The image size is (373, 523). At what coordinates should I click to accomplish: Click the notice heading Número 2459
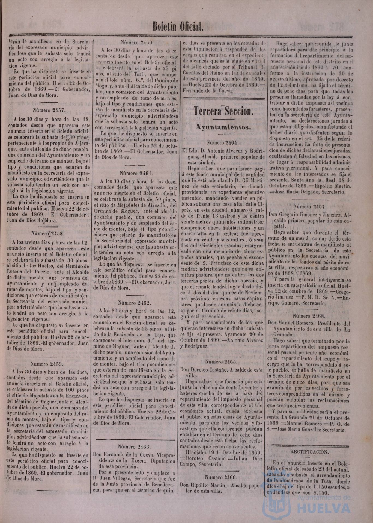tap(48, 363)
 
